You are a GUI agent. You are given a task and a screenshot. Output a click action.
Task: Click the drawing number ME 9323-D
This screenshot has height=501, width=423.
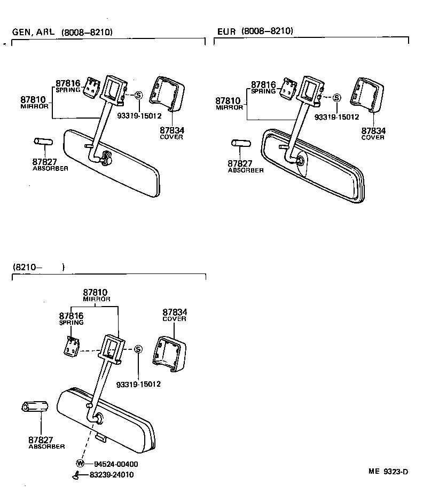coord(388,471)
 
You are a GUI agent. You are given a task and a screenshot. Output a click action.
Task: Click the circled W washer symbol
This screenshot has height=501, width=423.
coord(81,463)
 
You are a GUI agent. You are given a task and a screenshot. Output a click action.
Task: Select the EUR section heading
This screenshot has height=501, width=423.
coord(226,32)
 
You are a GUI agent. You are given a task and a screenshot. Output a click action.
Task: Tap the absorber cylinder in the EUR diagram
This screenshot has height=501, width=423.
coord(241,144)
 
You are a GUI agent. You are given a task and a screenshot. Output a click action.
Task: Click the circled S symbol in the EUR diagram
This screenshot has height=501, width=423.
coord(336,98)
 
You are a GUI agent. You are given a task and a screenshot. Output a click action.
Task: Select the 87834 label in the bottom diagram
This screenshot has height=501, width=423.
coord(174,312)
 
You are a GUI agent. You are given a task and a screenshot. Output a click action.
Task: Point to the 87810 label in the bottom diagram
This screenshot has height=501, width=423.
coord(95,293)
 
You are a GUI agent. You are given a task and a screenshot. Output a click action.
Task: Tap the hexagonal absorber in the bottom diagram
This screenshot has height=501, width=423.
coord(35,408)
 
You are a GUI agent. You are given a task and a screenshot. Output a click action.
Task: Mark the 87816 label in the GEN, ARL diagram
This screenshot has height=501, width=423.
coord(68,83)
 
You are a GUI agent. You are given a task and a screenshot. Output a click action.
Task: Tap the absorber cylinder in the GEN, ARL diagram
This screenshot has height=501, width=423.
coord(42,142)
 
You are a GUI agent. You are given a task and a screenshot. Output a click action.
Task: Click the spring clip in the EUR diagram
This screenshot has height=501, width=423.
coord(289,90)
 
